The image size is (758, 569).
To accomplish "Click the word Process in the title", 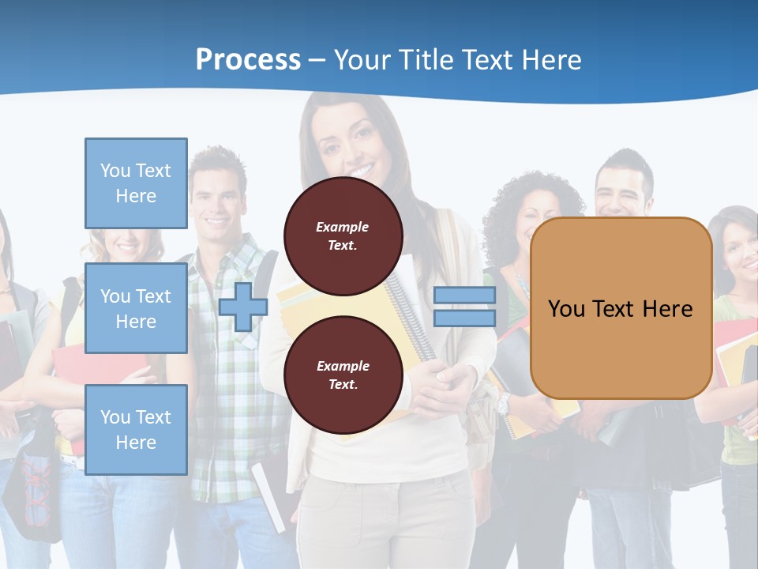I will pos(248,59).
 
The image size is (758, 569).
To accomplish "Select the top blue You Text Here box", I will pos(136,183).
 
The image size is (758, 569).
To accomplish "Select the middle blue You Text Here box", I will pos(136,308).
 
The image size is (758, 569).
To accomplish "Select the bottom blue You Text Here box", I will pos(136,429).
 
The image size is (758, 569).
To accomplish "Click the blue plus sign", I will pos(243,307).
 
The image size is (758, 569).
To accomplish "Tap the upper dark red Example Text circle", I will pos(343,236).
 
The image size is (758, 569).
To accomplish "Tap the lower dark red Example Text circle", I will pos(343,375).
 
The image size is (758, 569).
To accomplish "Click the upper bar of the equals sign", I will pos(464,296).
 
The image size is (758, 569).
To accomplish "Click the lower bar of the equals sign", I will pos(464,318).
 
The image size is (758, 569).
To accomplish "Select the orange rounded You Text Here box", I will pos(621,308).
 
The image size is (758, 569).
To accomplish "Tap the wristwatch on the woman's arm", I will pos(503,405).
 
